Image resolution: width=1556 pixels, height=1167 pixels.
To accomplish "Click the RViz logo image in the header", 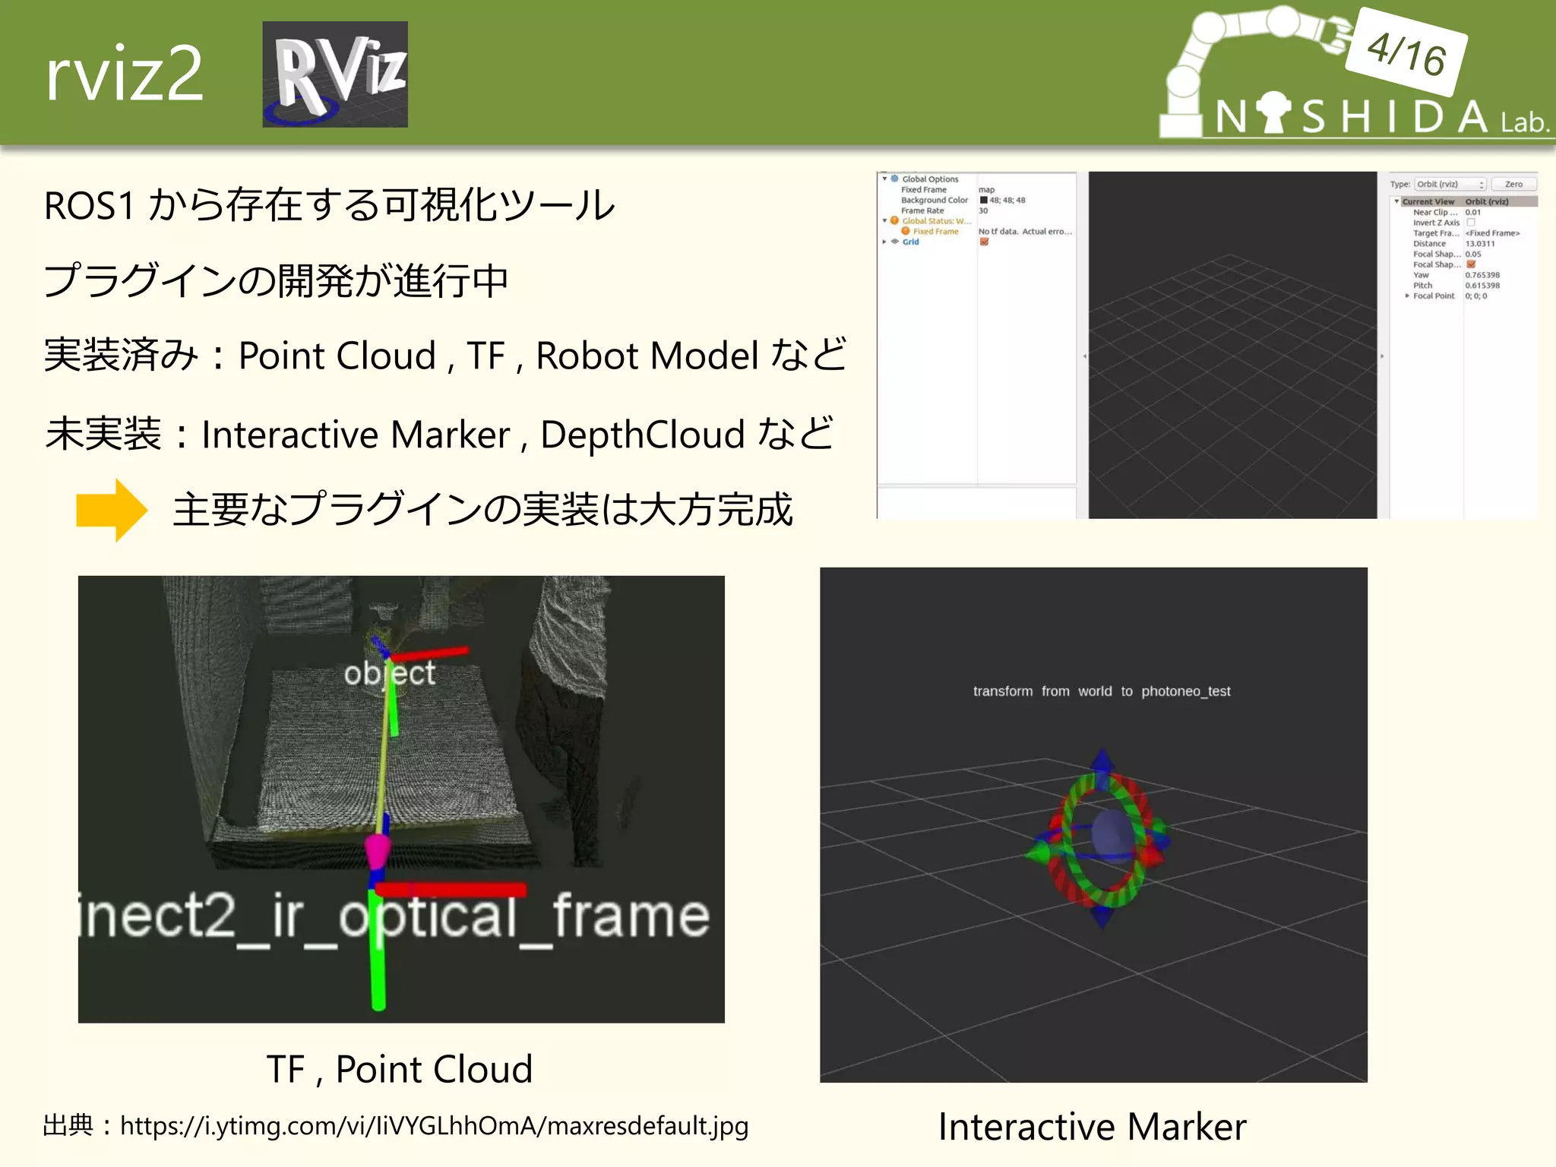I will click(335, 74).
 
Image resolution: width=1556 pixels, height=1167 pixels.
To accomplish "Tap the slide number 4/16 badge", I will click(1406, 52).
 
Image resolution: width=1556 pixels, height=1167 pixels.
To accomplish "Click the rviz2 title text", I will click(125, 74).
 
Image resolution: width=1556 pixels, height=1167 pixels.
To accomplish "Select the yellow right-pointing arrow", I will click(112, 510).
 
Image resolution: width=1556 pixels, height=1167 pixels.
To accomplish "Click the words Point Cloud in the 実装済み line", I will click(337, 356).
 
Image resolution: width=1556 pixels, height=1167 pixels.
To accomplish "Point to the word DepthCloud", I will click(642, 435).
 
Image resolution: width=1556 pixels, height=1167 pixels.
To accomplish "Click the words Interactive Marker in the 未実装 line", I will click(356, 435).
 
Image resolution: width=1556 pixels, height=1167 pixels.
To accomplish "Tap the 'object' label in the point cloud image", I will click(389, 673).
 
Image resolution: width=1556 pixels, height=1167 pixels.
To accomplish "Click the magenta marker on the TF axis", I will click(377, 849).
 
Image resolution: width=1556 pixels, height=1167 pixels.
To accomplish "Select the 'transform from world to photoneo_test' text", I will click(1101, 691).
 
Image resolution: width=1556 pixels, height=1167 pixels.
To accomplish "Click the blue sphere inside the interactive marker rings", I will click(1112, 834).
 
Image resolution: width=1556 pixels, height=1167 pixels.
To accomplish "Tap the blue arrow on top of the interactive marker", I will click(1102, 761).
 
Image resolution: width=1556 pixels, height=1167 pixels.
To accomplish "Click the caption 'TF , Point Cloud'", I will click(400, 1069).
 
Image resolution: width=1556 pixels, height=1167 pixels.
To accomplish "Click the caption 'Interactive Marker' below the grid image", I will click(1092, 1126).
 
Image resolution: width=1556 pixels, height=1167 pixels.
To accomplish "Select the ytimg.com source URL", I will click(434, 1125).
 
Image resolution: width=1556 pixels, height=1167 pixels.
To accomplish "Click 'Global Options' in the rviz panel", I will click(930, 179).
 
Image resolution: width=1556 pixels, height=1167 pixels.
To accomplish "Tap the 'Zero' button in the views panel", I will click(1513, 184).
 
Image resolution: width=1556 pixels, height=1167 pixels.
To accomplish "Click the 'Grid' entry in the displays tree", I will click(910, 242).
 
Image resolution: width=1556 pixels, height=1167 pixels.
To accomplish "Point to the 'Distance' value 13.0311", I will click(1479, 244).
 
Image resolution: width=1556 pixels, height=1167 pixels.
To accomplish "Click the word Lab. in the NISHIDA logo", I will click(1524, 122).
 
